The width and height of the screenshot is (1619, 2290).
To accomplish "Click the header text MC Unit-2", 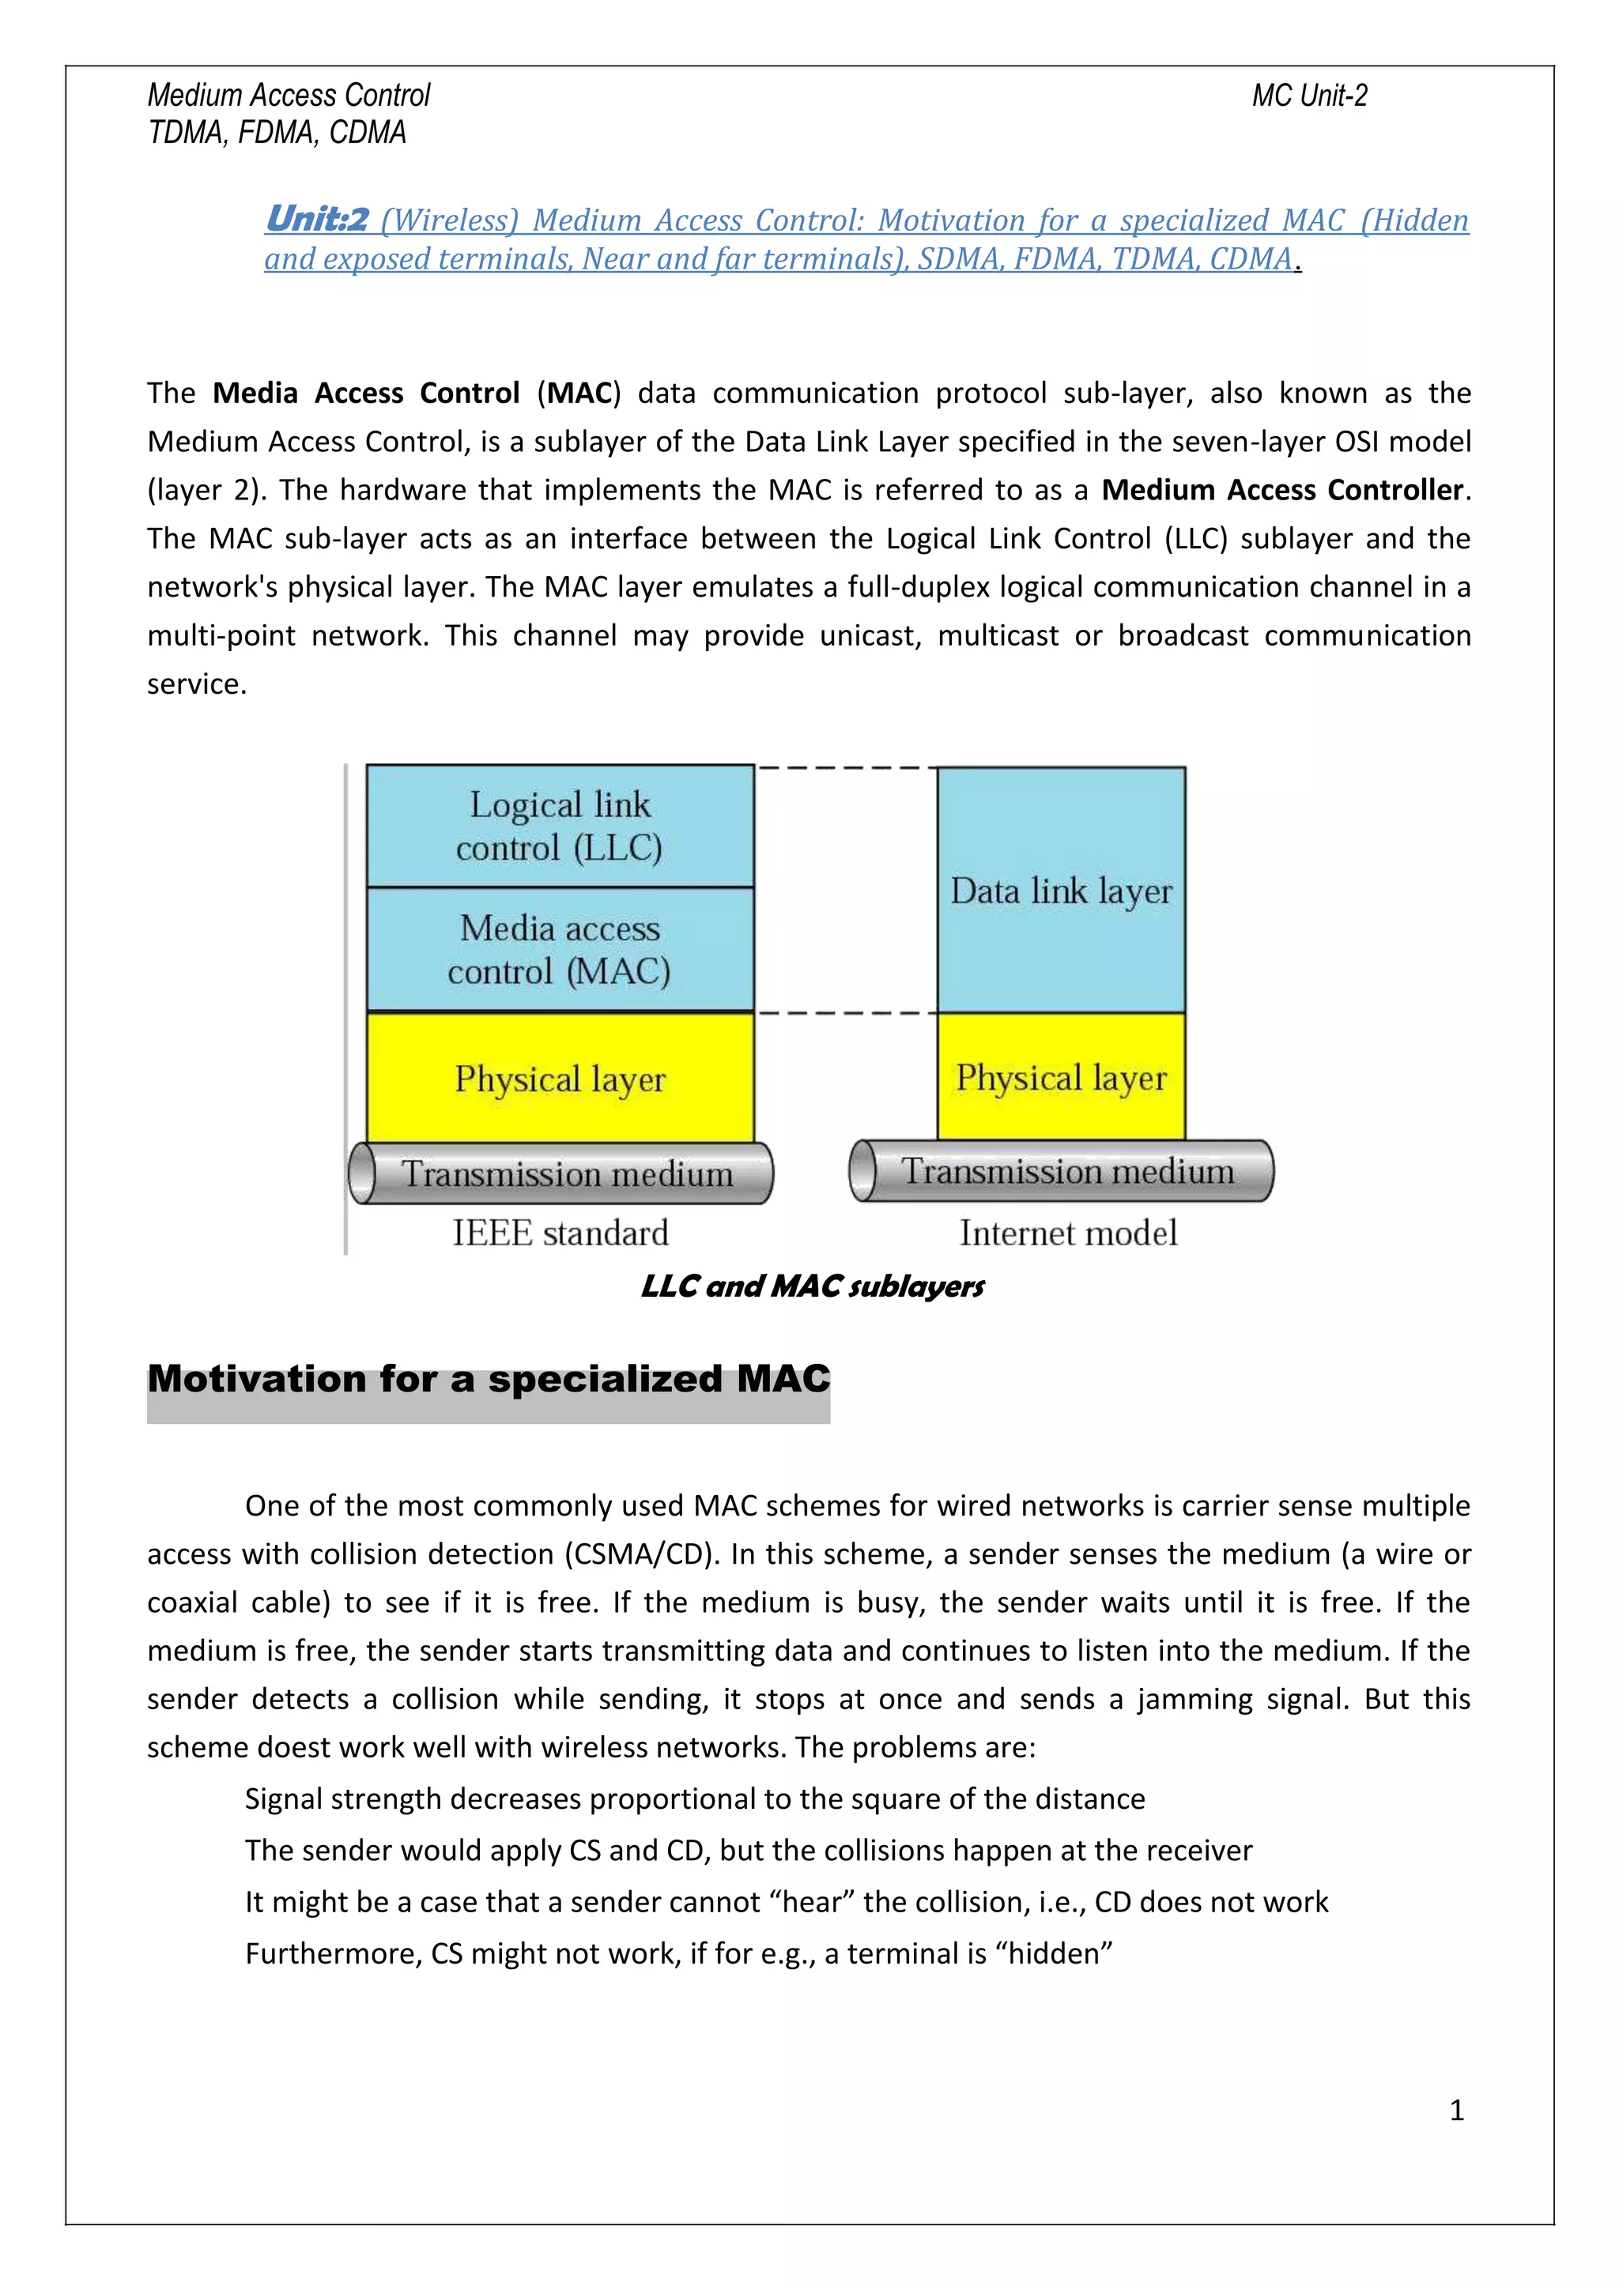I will (x=1309, y=96).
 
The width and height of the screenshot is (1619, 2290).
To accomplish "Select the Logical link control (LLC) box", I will (x=560, y=826).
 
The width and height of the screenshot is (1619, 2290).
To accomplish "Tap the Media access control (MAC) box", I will (x=560, y=950).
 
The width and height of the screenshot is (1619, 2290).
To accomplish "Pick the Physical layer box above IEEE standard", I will (x=560, y=1078).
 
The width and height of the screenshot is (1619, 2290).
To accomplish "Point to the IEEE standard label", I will (x=560, y=1234).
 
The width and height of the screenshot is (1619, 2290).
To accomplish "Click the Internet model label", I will (x=1067, y=1234).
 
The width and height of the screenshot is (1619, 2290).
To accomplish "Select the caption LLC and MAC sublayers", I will (x=812, y=1286).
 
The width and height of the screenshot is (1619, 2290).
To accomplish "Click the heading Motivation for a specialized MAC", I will (x=488, y=1380).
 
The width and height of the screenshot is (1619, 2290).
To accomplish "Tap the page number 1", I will (x=1455, y=2110).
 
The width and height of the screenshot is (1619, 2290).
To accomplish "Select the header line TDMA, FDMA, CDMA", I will (x=277, y=133).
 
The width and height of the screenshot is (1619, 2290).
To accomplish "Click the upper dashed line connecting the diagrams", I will (x=846, y=768).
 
